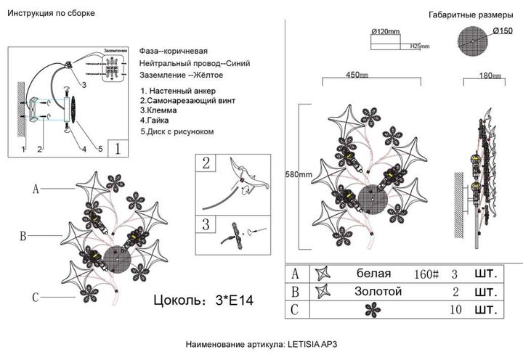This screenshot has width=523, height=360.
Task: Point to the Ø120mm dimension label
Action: tap(386, 32)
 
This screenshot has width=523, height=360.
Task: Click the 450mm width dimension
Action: tap(357, 75)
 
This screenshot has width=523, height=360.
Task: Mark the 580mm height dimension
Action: tap(299, 174)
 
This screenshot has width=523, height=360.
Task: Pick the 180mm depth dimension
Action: tap(492, 75)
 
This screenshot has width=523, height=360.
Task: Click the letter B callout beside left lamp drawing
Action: tap(23, 236)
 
